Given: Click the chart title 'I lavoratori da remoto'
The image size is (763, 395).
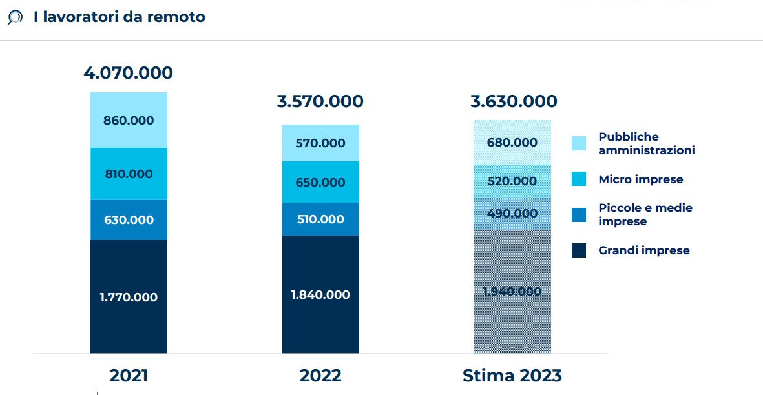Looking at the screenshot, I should (120, 17).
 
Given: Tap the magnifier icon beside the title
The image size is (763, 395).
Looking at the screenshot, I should (15, 18).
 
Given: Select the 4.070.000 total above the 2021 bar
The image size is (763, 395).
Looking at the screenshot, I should (128, 73).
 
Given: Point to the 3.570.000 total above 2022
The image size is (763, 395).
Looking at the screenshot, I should (320, 101).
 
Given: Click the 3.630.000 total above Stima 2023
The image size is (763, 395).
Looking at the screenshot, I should (513, 101).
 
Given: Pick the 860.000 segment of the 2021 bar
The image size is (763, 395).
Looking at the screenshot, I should (129, 120).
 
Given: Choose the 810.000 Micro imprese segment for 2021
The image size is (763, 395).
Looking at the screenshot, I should (129, 174).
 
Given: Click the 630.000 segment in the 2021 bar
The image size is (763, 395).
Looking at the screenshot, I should (129, 219).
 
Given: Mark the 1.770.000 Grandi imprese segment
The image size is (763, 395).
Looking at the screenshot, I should (129, 297).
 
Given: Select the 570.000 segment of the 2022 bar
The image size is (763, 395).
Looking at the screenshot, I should (320, 143).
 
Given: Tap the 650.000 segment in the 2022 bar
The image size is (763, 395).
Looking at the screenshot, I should (320, 182).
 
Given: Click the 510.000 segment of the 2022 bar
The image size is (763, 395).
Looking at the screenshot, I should (320, 219).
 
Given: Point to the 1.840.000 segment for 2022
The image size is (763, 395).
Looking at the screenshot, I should (320, 294).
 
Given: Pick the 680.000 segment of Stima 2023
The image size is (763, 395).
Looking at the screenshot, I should (512, 142).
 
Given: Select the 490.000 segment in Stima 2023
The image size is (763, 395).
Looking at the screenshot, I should (512, 214).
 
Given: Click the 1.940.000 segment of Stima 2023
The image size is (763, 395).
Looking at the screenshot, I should (512, 291).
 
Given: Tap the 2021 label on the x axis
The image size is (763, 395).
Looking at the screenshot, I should (129, 376).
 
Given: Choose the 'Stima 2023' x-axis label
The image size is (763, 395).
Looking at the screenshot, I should (512, 376).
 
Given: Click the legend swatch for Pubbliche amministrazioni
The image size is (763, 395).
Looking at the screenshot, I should (579, 143).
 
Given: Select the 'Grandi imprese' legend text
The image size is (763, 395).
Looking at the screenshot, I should (643, 250).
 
